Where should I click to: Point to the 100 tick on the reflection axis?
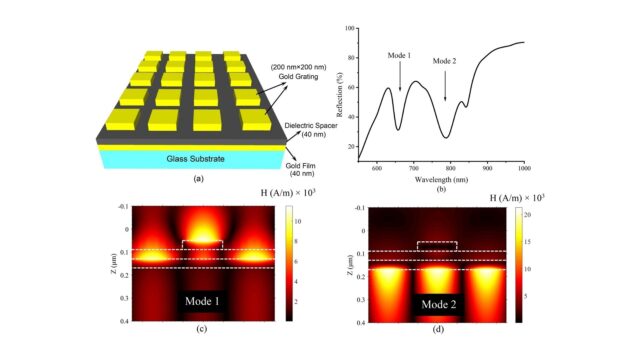pyautogui.click(x=351, y=29)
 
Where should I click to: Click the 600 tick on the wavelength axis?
pyautogui.click(x=376, y=169)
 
